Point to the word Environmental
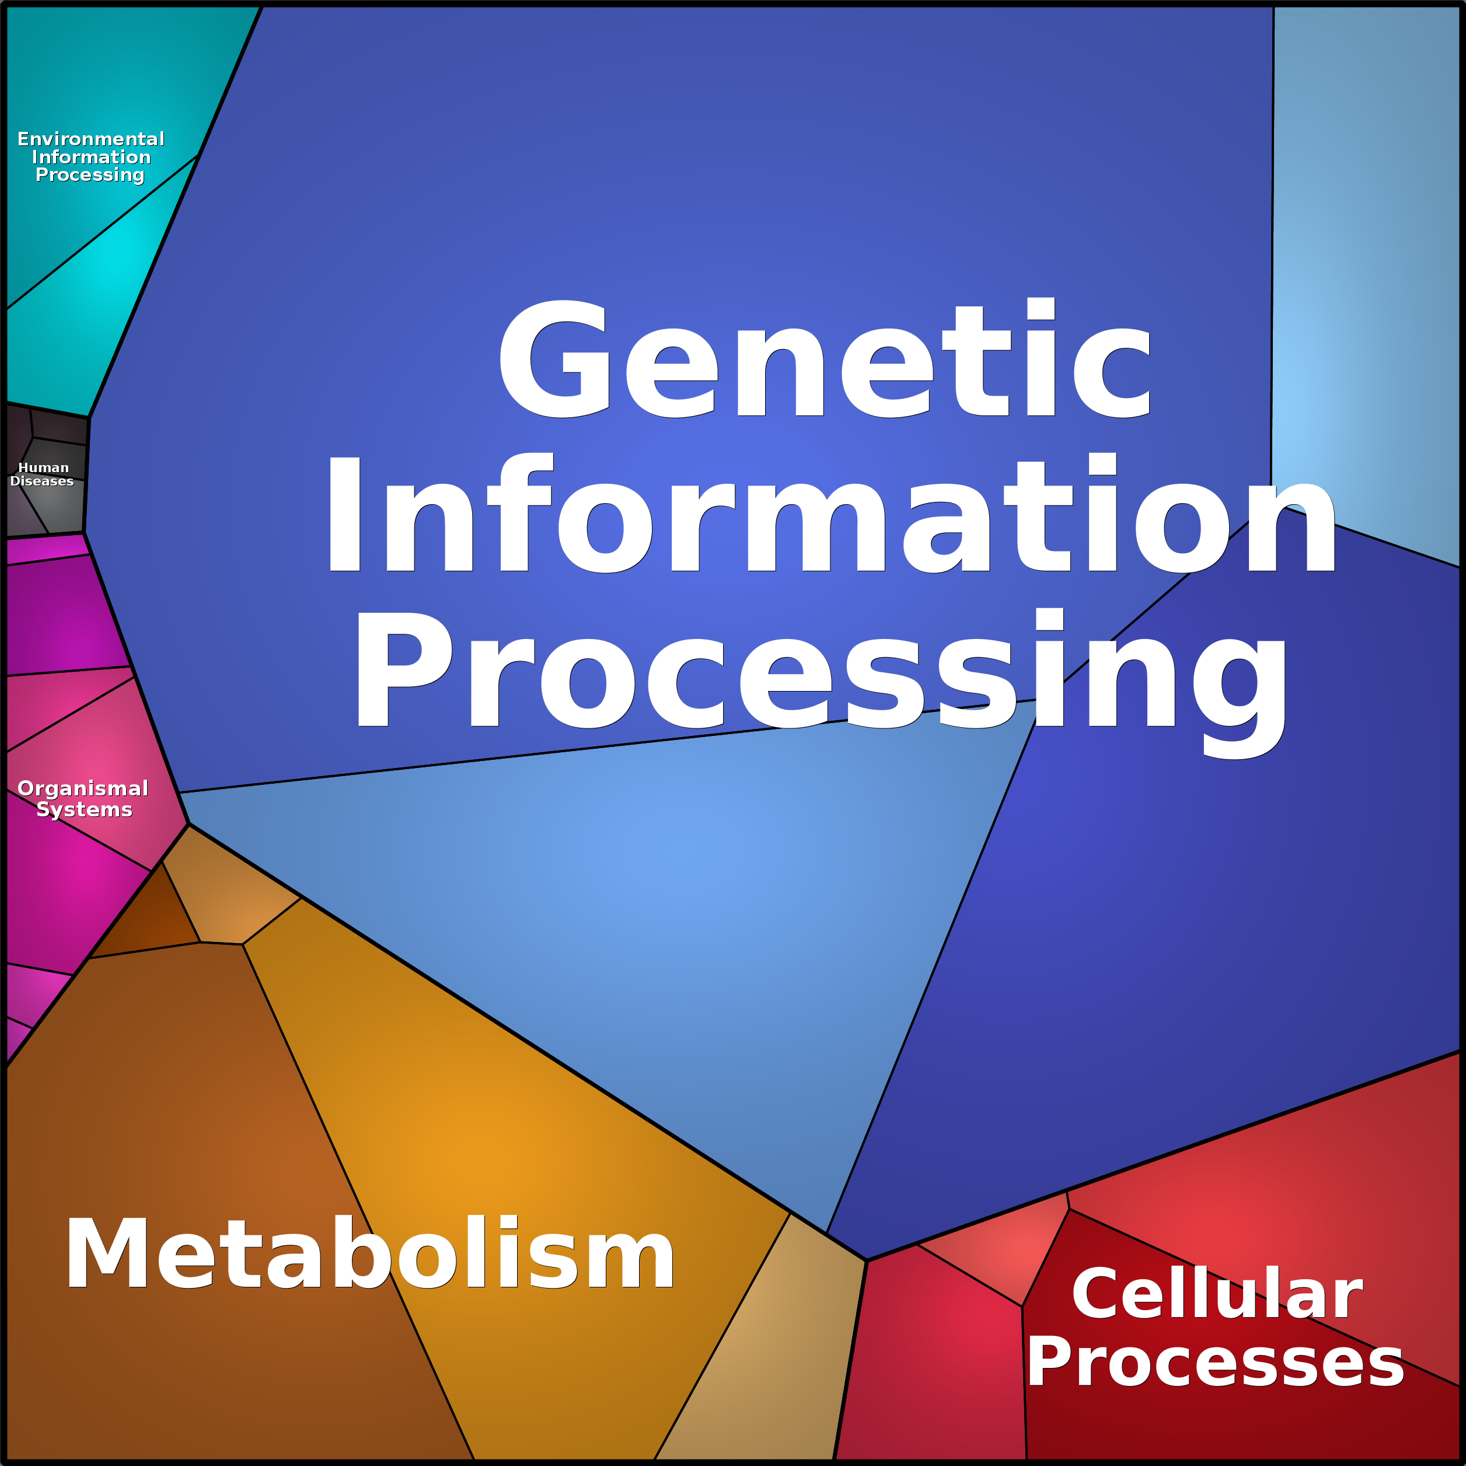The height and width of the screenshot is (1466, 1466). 91,139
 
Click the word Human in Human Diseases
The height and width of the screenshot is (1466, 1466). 43,467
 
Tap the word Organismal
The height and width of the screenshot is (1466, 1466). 83,788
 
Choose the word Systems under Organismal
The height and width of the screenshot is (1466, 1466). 84,809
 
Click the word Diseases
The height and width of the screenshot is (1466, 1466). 42,481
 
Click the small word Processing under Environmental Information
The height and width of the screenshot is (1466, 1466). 89,174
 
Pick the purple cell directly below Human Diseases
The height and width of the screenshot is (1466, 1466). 61,615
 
